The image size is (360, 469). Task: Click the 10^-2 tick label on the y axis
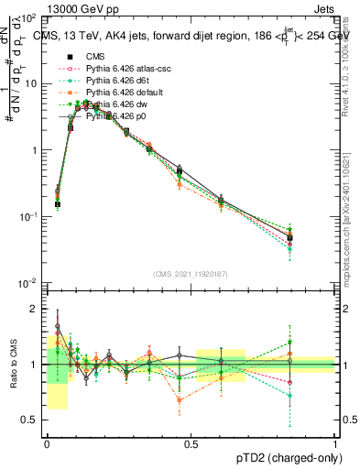point(29,282)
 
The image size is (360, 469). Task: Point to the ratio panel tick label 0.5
point(33,420)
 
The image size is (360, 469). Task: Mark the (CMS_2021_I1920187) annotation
point(191,273)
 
